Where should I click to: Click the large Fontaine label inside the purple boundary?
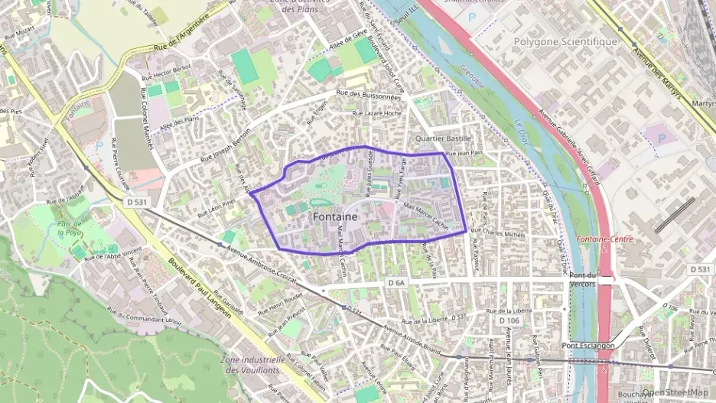coord(335,217)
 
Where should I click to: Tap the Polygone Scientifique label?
coord(565,41)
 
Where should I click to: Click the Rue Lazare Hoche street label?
coord(376,113)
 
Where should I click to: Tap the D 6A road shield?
coord(395,283)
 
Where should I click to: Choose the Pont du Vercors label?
coord(583,279)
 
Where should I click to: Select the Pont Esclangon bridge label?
coord(587,346)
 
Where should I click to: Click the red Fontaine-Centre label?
coord(604,239)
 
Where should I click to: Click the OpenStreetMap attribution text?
coord(675,392)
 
